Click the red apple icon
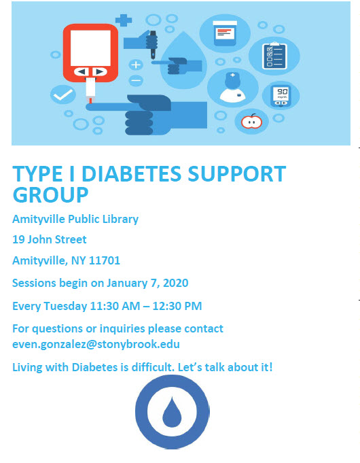point(251,121)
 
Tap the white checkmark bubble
point(63,95)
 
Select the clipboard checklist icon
point(274,56)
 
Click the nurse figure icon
point(232,88)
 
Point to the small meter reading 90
point(281,96)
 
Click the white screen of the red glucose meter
point(90,48)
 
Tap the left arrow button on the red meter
point(82,71)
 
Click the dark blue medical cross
point(124,20)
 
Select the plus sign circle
point(136,65)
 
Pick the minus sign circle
point(136,80)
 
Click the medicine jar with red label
point(225,33)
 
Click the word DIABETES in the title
point(131,173)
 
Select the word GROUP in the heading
point(50,195)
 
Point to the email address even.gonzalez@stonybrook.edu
point(96,344)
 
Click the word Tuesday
point(65,306)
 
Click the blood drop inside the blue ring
point(172,411)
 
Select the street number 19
point(18,239)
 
